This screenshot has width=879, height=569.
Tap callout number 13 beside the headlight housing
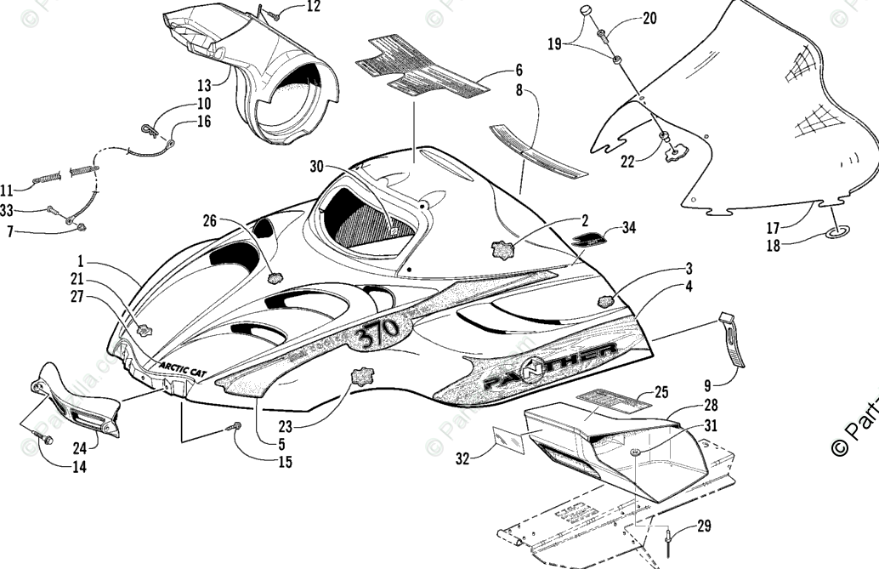(x=204, y=85)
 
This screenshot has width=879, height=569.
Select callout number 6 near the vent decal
(x=518, y=71)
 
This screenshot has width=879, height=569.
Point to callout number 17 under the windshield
(x=772, y=228)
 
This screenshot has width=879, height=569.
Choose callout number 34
(x=628, y=227)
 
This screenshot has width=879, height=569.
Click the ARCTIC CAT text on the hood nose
(x=181, y=366)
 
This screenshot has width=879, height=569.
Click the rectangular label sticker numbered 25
(x=609, y=400)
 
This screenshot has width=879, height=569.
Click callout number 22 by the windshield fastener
(x=627, y=162)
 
